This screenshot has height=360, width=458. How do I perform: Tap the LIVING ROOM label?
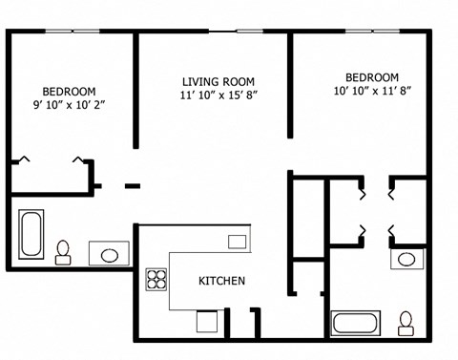pos(219,81)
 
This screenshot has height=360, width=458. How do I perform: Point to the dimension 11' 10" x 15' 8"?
pos(219,95)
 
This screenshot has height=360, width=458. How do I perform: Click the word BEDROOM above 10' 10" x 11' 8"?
pos(371,77)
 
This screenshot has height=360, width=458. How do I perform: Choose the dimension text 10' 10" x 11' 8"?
pos(371,93)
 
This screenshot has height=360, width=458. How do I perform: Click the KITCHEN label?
pos(222,281)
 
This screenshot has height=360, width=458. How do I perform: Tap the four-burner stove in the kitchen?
pos(156,280)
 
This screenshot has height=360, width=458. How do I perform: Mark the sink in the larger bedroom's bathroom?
pos(406,259)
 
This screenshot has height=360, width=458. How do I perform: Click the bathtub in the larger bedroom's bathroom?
pos(356,323)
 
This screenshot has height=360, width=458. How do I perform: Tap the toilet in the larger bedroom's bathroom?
pos(406,323)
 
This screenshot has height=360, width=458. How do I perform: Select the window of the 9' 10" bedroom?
pos(73,32)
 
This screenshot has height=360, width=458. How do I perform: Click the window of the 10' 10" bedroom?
pos(372,32)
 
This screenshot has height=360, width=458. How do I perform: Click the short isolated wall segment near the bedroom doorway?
pos(133,185)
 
